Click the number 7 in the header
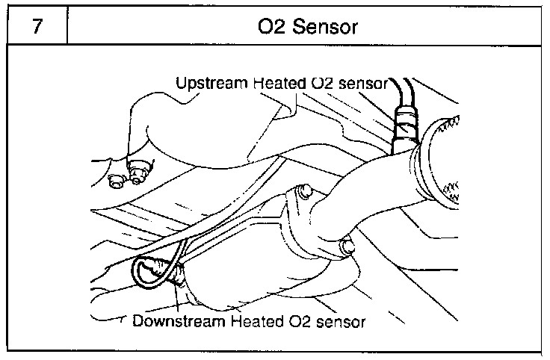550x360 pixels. [x=34, y=28]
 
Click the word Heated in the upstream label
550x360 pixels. [x=276, y=82]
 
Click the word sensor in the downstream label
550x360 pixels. [x=341, y=322]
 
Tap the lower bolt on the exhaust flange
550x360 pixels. [x=345, y=246]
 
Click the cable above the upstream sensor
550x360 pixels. [x=408, y=93]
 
